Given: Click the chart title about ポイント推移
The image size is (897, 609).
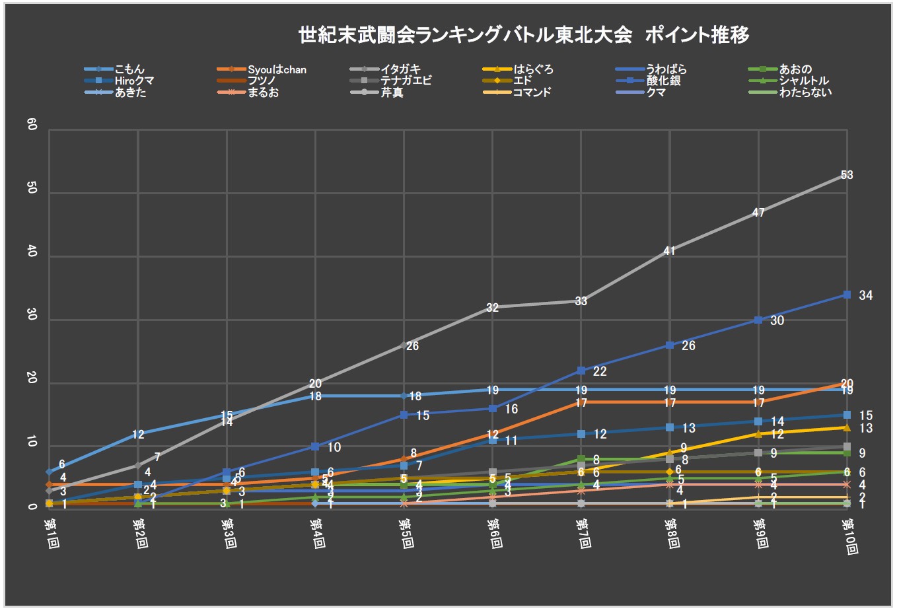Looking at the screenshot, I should tap(524, 34).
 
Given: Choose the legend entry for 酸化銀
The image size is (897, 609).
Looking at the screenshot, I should tap(664, 81).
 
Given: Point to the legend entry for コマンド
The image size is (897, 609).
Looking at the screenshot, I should tap(532, 92).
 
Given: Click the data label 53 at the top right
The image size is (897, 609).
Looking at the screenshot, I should tap(847, 175).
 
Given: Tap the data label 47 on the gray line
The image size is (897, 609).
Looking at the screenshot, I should tap(758, 213).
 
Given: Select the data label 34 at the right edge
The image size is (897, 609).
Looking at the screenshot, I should tap(865, 295).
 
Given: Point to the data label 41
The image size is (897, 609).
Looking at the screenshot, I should tap(669, 251).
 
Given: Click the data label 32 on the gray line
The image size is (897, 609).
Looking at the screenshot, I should tap(492, 307).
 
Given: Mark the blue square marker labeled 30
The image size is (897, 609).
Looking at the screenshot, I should tap(758, 320).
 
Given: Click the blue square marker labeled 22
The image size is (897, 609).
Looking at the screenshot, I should tap(581, 371).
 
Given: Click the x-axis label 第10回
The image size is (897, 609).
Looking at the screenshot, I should tap(847, 536).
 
